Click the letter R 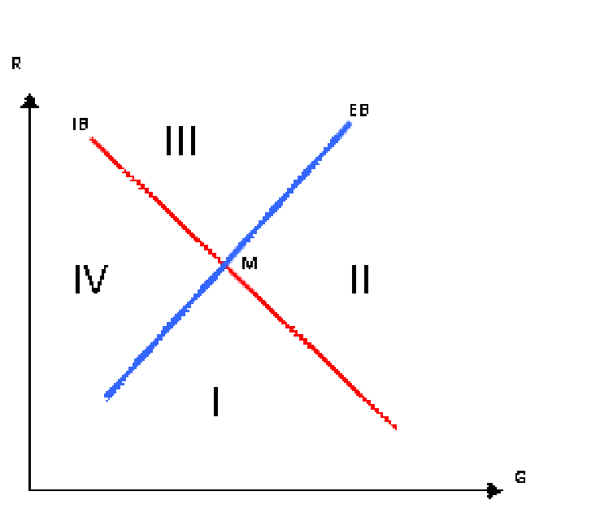(x=16, y=63)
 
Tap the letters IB (x=80, y=124)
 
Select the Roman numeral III (x=180, y=140)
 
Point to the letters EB (x=359, y=110)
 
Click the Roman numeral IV (x=91, y=279)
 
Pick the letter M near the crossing (x=250, y=263)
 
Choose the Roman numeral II (x=360, y=279)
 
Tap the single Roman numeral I (x=215, y=401)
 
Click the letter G (x=520, y=477)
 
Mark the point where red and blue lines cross (x=226, y=264)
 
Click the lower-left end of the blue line (x=107, y=398)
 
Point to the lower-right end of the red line (x=395, y=427)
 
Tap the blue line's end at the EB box (x=349, y=124)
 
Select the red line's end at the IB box (x=92, y=139)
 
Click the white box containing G (x=541, y=482)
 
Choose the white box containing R (x=29, y=68)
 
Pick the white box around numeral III (x=189, y=137)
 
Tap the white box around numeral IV (x=98, y=275)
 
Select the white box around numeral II (x=373, y=275)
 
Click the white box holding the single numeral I (x=236, y=398)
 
